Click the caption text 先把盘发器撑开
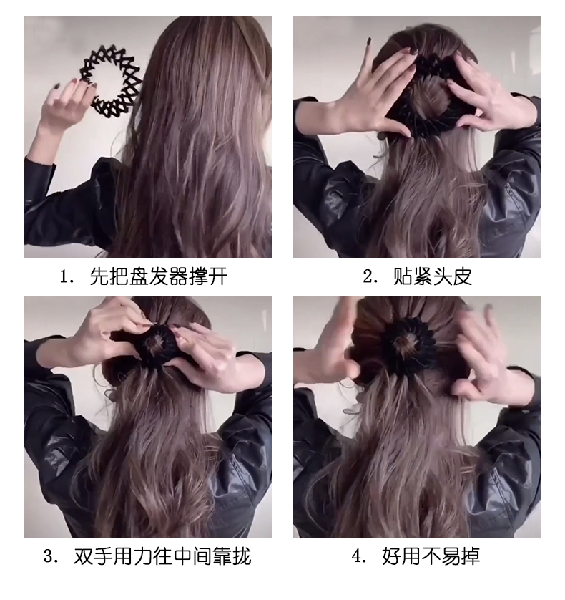(158, 277)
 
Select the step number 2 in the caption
(369, 277)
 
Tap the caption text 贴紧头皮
(432, 277)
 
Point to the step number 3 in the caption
(51, 556)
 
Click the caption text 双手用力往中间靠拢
(162, 556)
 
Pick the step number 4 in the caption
(358, 556)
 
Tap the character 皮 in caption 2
(463, 277)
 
